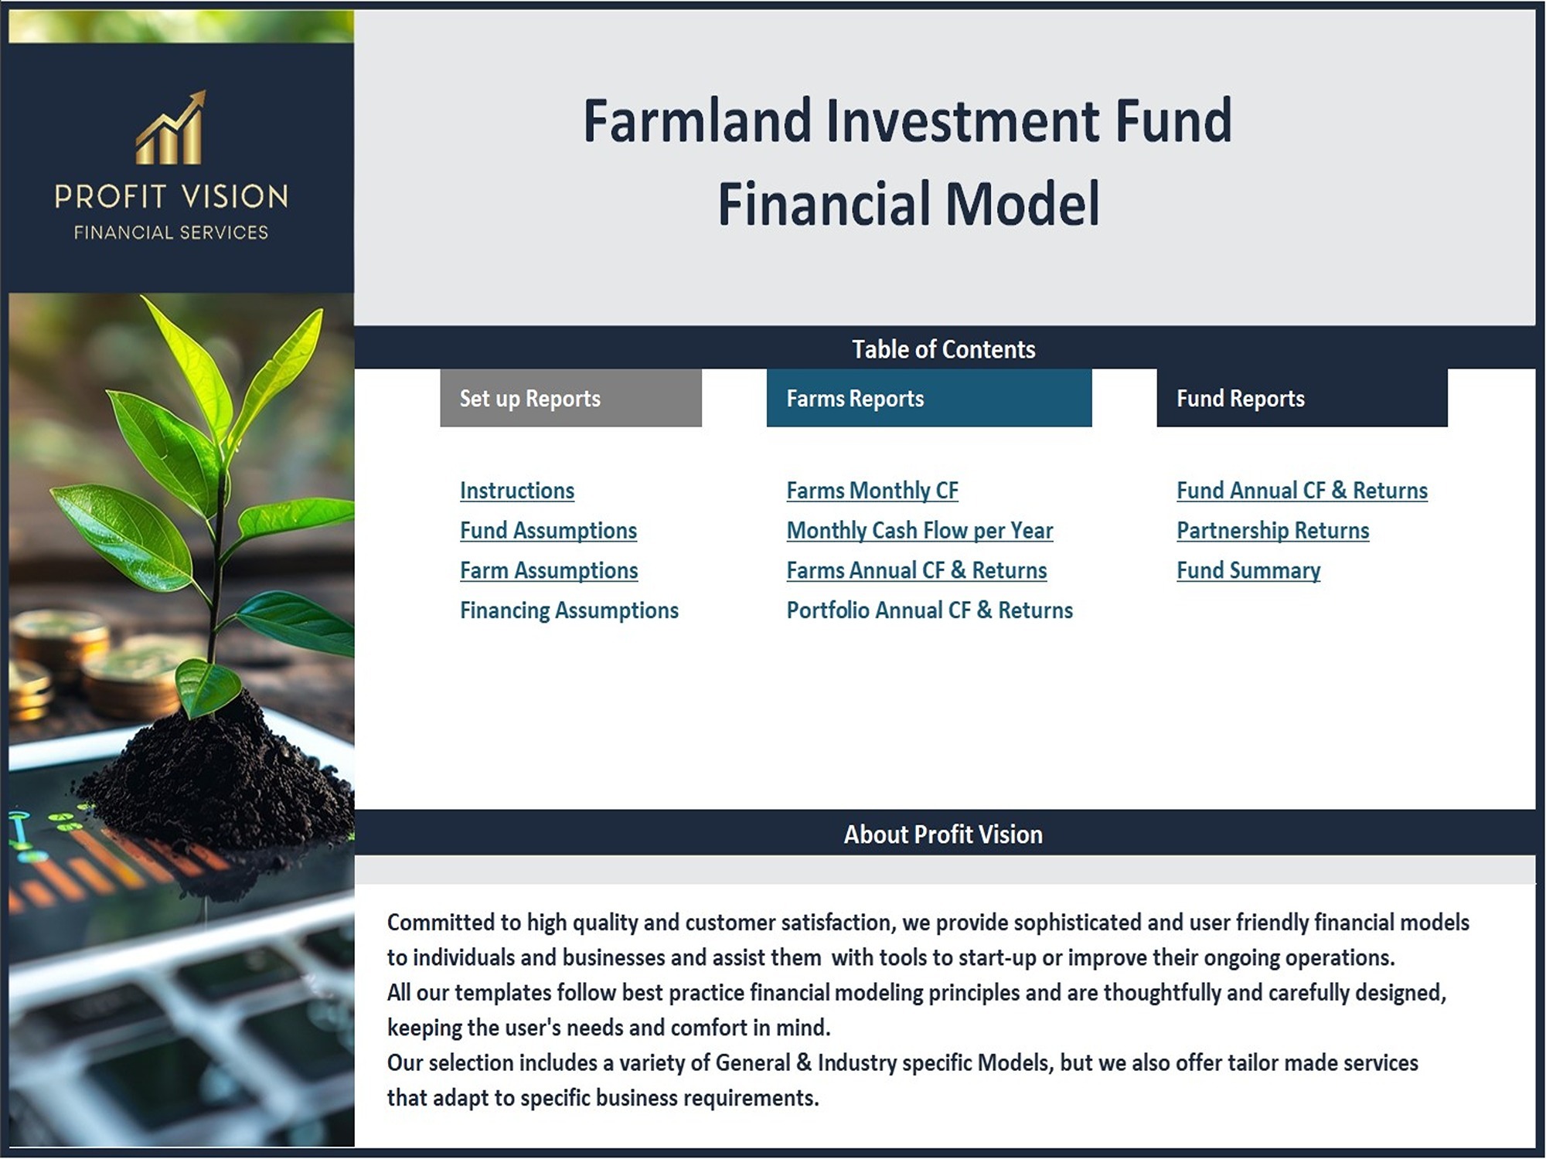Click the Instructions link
pyautogui.click(x=517, y=491)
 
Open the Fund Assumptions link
pyautogui.click(x=548, y=531)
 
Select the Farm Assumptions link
pyautogui.click(x=549, y=571)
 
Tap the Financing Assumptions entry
pyautogui.click(x=569, y=610)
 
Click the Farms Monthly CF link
pyautogui.click(x=872, y=491)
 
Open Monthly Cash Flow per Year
pyautogui.click(x=919, y=531)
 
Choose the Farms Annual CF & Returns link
pyautogui.click(x=916, y=571)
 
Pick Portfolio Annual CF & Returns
pyautogui.click(x=929, y=610)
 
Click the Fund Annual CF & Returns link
pyautogui.click(x=1302, y=491)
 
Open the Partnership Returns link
pyautogui.click(x=1272, y=531)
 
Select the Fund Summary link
pyautogui.click(x=1248, y=571)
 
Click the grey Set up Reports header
pyautogui.click(x=570, y=398)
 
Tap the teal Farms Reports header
pyautogui.click(x=929, y=398)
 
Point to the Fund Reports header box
pyautogui.click(x=1302, y=398)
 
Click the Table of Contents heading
pyautogui.click(x=944, y=349)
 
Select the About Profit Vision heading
pyautogui.click(x=943, y=834)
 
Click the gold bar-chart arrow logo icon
pyautogui.click(x=171, y=127)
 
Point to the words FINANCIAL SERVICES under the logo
pyautogui.click(x=171, y=233)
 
